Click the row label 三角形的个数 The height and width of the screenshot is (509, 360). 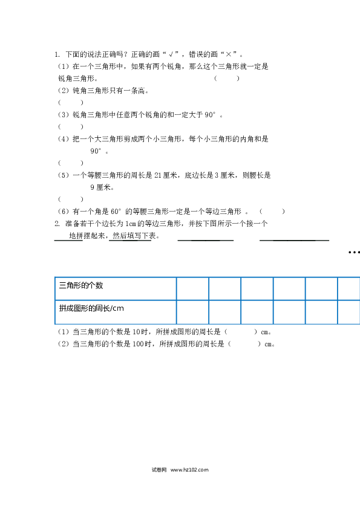(x=81, y=285)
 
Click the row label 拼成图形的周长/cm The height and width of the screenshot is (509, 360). (x=91, y=308)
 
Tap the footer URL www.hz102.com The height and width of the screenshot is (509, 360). (x=189, y=470)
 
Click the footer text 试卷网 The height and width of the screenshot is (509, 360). (x=159, y=470)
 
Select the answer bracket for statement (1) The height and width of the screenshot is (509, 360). (x=227, y=78)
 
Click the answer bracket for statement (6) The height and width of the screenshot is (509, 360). (x=272, y=212)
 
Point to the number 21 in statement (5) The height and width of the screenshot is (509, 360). (x=158, y=175)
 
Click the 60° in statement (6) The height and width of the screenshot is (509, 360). (x=116, y=212)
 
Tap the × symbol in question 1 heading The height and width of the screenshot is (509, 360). (x=229, y=54)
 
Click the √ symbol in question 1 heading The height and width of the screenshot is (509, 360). (x=171, y=54)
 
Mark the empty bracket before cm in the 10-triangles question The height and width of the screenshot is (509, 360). (x=241, y=332)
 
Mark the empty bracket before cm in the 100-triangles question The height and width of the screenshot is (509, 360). (x=244, y=344)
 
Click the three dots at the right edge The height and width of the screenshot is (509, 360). (x=354, y=252)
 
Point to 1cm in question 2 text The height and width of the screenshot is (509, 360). (x=131, y=224)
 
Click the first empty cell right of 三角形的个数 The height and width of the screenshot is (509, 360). (x=192, y=288)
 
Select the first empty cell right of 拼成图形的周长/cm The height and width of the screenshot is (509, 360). (x=192, y=312)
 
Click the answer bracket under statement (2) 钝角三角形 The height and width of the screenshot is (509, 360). (x=71, y=103)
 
